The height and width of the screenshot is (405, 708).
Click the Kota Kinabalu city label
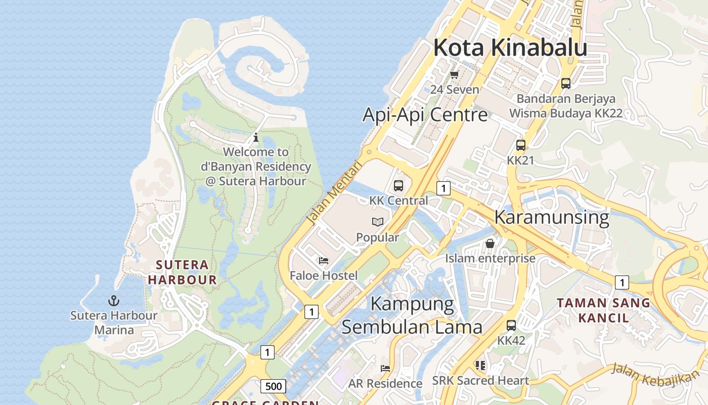click(510, 48)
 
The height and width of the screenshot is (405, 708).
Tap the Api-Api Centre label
click(425, 115)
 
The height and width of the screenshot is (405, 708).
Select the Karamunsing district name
click(551, 217)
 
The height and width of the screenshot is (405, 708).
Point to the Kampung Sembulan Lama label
click(412, 315)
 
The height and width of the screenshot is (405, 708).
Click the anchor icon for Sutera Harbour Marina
click(114, 301)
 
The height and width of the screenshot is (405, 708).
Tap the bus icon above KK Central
click(399, 185)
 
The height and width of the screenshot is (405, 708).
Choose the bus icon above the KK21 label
click(521, 145)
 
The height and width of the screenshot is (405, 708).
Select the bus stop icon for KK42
click(511, 326)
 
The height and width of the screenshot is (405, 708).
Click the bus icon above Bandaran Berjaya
click(566, 84)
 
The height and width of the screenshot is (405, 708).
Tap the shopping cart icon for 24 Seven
click(454, 75)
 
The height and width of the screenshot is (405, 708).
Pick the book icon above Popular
click(377, 222)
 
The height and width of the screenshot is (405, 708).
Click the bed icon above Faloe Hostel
click(324, 261)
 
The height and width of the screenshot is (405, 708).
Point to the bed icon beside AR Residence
click(385, 369)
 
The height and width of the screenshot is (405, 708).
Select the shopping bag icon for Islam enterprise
click(490, 244)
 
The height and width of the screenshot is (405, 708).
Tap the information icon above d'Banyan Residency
click(256, 137)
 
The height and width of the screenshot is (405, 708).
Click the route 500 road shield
click(273, 386)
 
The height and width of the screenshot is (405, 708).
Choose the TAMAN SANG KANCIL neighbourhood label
click(603, 310)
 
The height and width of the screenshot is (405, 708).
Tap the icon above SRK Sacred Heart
click(480, 365)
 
